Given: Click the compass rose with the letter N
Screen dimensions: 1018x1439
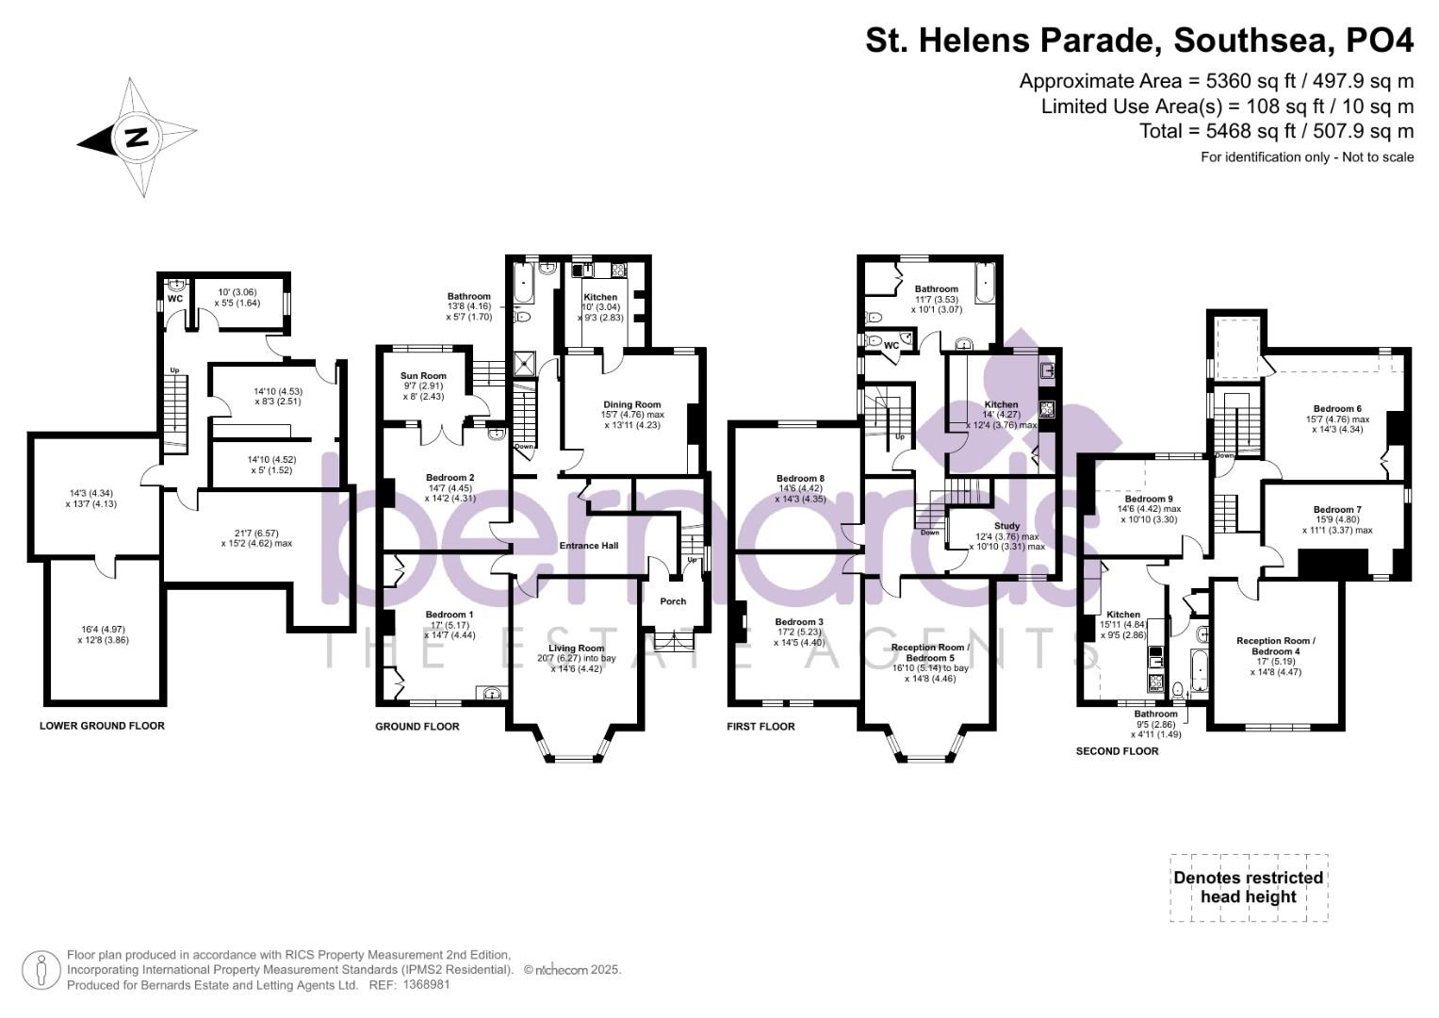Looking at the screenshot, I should pos(138,138).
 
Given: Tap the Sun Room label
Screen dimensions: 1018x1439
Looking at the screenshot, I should pos(422,375).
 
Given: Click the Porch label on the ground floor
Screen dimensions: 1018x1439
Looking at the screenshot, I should pos(673,601).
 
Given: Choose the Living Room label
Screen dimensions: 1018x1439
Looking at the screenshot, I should pos(577,649).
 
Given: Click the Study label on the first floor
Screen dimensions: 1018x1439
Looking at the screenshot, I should pos(1006,526).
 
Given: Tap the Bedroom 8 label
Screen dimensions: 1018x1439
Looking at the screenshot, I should pos(800,479).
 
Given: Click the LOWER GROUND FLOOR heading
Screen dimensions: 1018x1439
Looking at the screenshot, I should pos(102,726).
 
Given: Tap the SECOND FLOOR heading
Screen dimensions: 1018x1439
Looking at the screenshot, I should pos(1117,751).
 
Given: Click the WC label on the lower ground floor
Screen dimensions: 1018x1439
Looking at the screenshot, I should pos(174,299).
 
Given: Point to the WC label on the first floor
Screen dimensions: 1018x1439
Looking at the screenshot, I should pos(891,346).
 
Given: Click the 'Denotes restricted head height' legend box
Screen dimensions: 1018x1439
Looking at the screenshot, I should pos(1249,887).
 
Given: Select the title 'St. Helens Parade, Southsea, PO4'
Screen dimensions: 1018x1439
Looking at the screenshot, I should pos(1139,41).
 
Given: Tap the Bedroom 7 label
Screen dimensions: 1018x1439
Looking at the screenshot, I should pos(1337,510).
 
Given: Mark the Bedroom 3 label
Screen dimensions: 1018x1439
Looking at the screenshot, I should pos(800,622).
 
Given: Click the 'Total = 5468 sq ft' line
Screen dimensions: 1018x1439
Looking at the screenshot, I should pos(1276,131).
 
